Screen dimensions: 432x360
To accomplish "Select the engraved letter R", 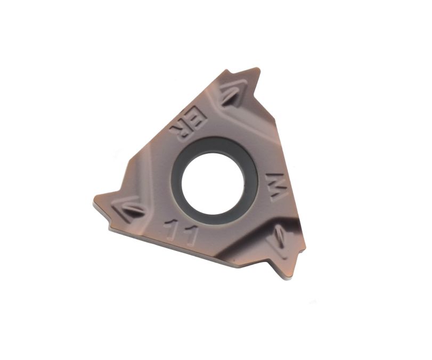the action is (x=180, y=132).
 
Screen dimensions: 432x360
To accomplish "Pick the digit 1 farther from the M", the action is (x=171, y=230).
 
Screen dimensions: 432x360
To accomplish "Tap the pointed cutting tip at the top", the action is (x=258, y=69).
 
